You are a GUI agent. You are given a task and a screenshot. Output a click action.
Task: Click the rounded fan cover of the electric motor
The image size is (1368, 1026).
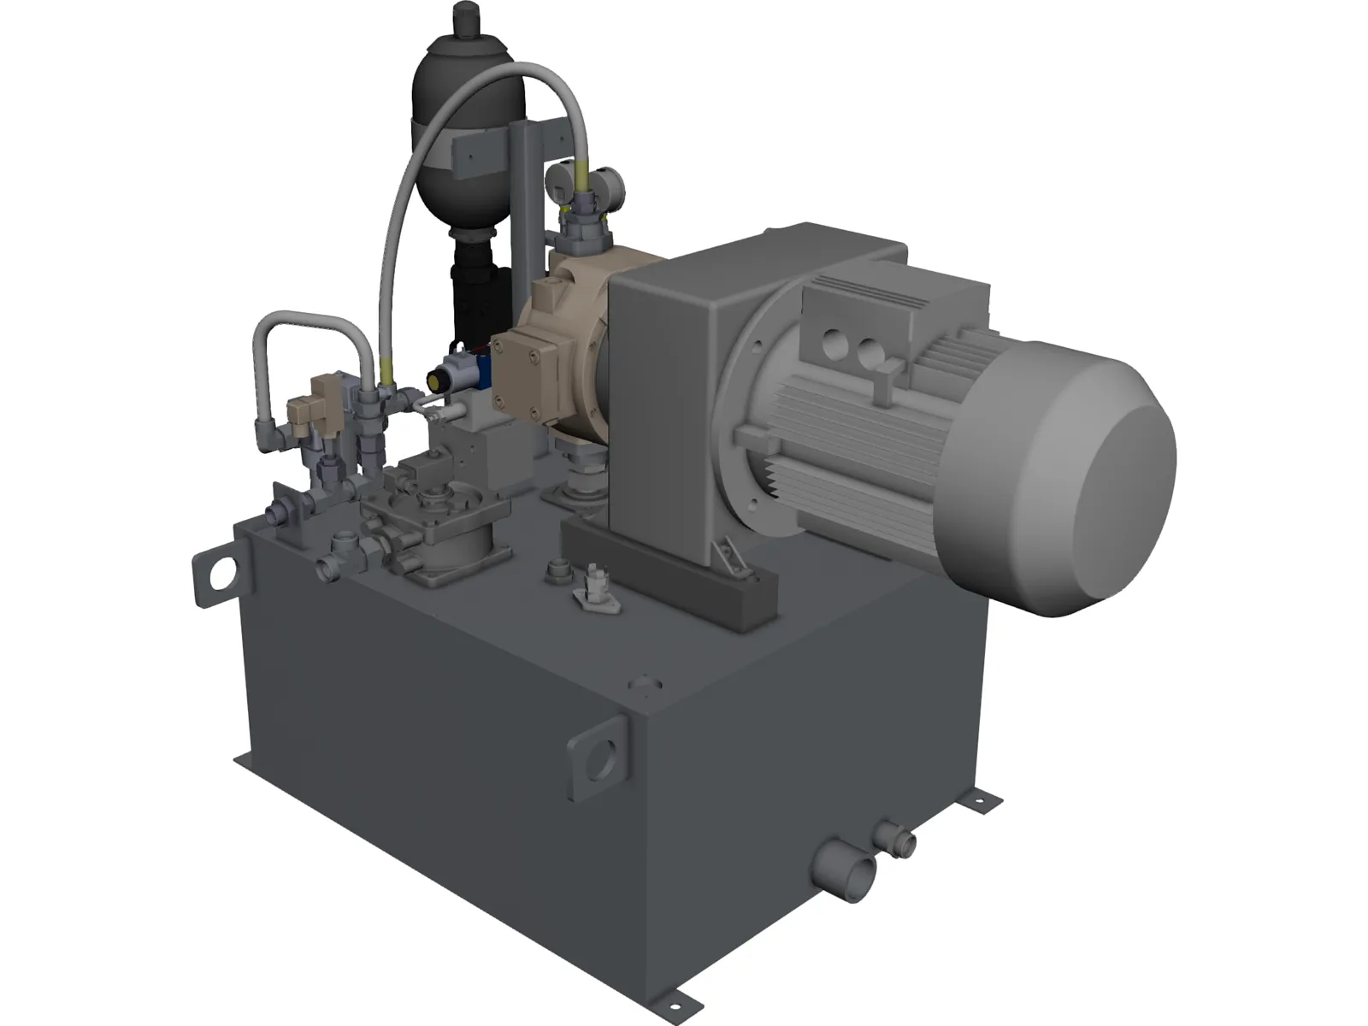pyautogui.click(x=1111, y=479)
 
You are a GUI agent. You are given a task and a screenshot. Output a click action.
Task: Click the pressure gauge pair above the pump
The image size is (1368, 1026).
pyautogui.click(x=586, y=184)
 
